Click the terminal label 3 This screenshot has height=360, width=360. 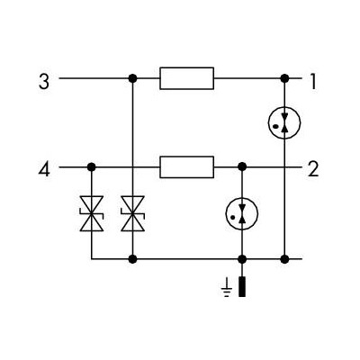[x=44, y=82]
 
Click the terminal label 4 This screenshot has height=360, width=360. [x=44, y=169]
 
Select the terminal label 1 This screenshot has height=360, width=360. [x=313, y=82]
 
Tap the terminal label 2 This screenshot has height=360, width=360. [x=313, y=169]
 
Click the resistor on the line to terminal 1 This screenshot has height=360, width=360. [x=187, y=78]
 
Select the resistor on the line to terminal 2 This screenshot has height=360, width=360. [x=187, y=167]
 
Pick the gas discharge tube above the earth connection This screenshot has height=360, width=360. [x=242, y=213]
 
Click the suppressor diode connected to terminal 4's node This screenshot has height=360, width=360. [x=92, y=213]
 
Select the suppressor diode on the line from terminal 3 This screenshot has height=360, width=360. [x=132, y=213]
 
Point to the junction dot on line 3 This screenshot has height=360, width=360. [x=132, y=78]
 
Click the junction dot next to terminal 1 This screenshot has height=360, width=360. [x=284, y=78]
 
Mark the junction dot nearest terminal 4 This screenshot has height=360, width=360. [x=92, y=166]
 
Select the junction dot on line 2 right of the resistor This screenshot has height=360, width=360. [x=242, y=166]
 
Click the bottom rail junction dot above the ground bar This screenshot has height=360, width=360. [x=242, y=258]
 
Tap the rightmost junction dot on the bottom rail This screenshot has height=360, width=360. [x=284, y=258]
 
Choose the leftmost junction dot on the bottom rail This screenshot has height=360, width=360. [x=132, y=258]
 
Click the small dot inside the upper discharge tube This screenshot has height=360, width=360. [x=275, y=126]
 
